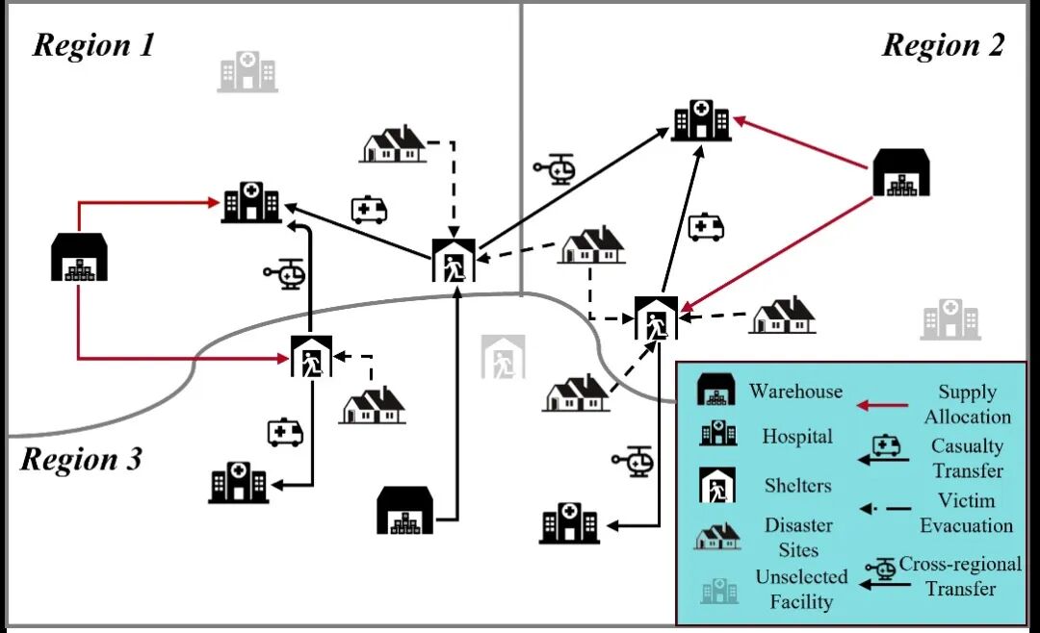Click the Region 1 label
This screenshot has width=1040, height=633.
(x=94, y=45)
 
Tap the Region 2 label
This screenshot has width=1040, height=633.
(x=943, y=45)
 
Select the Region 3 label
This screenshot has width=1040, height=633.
(x=81, y=460)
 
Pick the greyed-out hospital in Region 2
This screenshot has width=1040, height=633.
(x=949, y=319)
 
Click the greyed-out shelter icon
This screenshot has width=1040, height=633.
(x=504, y=357)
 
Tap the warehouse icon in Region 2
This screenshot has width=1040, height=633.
(x=901, y=173)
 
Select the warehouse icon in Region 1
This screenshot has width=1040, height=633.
(x=79, y=257)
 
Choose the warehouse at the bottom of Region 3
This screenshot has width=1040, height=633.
(x=404, y=510)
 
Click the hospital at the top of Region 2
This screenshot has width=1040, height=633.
(x=702, y=120)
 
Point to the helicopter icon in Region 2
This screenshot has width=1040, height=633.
(x=555, y=169)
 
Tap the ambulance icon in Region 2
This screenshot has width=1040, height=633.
(x=706, y=227)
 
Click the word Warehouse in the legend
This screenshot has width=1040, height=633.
(x=795, y=392)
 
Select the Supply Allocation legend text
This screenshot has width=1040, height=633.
(x=967, y=404)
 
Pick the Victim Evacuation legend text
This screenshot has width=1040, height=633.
(x=966, y=513)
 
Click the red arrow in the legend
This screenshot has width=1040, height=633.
(x=882, y=405)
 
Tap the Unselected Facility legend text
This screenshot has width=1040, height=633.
(x=801, y=590)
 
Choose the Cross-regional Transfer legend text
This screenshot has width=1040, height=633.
(x=960, y=575)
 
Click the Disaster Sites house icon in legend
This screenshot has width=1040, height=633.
(x=718, y=536)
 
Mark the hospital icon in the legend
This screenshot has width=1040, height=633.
(x=718, y=435)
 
